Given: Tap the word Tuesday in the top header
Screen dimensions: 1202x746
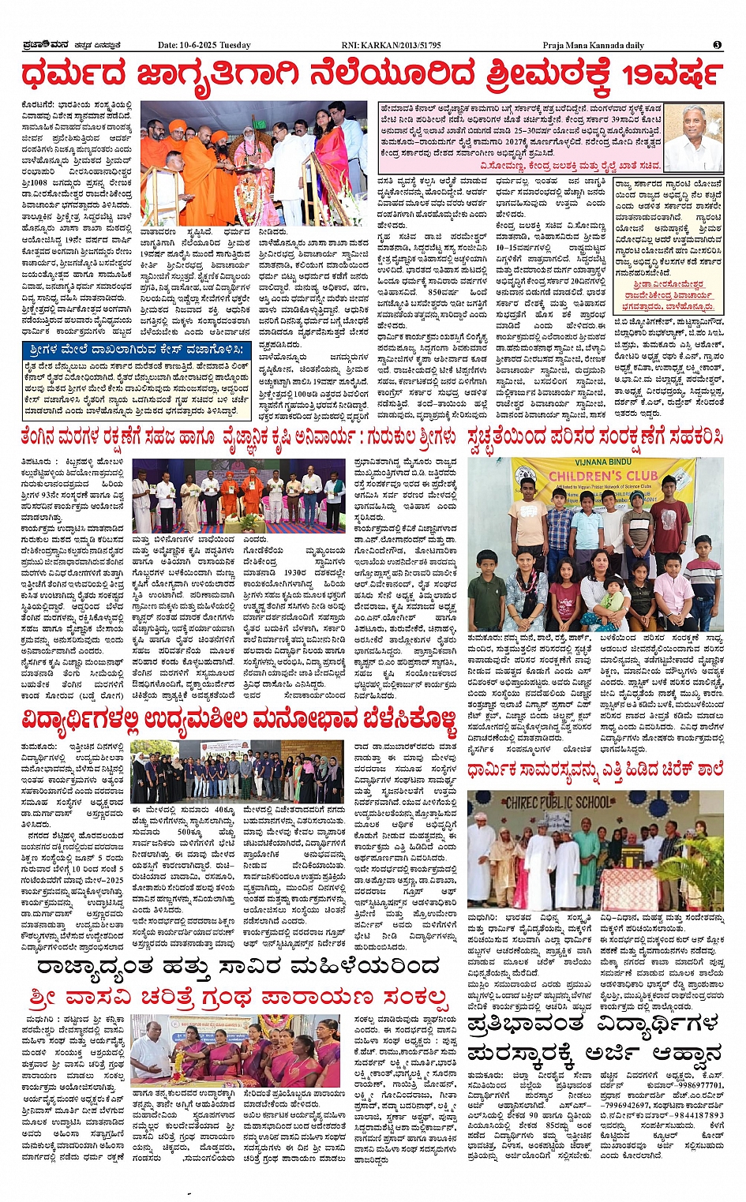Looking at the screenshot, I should click(234, 45).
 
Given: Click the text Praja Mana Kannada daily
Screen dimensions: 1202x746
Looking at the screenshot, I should click(593, 45).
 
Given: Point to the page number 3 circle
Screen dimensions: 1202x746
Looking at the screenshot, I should click(717, 45).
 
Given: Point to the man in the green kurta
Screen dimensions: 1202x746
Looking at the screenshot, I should click(586, 860).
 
